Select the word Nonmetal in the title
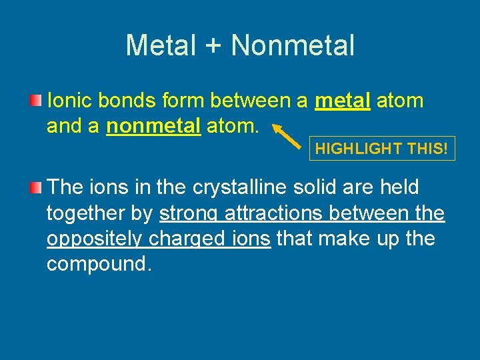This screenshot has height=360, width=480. (293, 45)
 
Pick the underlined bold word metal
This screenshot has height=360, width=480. (343, 101)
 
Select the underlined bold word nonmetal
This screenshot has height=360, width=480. (153, 126)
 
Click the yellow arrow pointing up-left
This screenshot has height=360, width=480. (287, 135)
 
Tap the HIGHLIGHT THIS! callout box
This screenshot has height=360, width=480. (382, 149)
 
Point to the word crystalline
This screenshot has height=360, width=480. (239, 187)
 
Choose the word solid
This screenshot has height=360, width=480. (317, 187)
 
